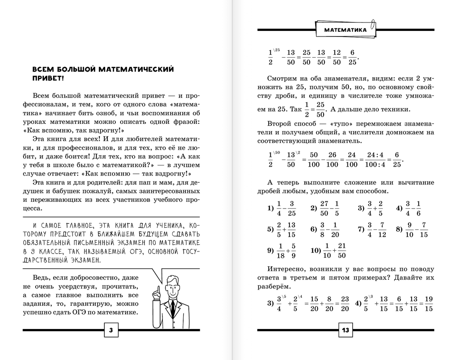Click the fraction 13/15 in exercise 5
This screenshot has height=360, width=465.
point(291,229)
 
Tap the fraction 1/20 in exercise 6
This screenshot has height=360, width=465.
point(335,229)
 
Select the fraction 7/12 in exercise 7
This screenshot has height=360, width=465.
point(382,229)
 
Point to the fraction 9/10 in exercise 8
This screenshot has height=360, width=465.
point(409,229)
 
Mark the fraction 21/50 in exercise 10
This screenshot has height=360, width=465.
point(342,250)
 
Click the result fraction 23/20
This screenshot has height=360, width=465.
point(345,304)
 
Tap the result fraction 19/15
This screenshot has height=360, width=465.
point(429,304)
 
